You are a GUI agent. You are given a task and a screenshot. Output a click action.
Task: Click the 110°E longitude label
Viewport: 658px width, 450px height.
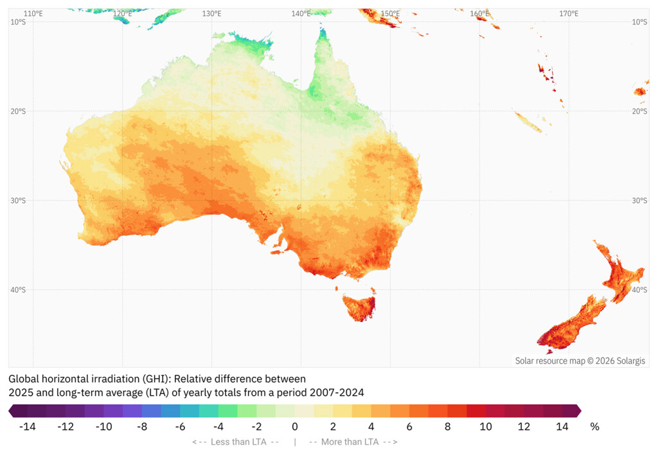tap(33, 14)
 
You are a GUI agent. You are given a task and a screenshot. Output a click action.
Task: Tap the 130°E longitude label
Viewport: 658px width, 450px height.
tap(211, 14)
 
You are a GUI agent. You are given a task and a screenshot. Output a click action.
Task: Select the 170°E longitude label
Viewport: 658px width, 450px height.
tap(568, 14)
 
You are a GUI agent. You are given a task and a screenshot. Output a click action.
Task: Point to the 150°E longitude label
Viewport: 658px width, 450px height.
tap(390, 14)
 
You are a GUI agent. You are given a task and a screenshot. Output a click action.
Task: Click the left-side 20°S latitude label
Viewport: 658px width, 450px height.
tap(18, 111)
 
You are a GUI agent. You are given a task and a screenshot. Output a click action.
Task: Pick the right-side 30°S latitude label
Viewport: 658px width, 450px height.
tap(639, 201)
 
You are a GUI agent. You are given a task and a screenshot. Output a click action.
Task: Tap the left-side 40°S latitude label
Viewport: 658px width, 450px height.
tap(18, 290)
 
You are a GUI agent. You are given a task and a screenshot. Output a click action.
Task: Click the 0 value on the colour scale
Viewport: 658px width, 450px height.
tap(295, 426)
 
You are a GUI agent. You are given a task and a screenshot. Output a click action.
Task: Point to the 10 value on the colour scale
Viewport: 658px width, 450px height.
tap(486, 426)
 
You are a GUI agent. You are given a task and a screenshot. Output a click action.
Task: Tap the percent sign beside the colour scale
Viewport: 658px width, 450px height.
tap(594, 426)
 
